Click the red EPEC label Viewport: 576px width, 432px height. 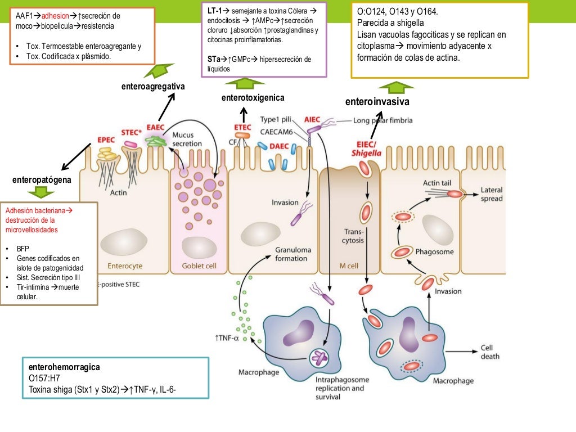(x=106, y=139)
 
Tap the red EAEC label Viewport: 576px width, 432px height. (x=155, y=127)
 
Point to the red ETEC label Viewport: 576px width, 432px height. (x=242, y=127)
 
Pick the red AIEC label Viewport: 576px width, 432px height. (x=312, y=119)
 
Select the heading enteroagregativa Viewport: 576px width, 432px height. (x=153, y=86)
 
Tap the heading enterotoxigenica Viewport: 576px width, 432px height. (x=253, y=98)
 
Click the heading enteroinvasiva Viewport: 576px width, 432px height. (x=377, y=102)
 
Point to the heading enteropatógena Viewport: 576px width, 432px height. (x=42, y=180)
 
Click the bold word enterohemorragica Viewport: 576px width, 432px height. (x=64, y=367)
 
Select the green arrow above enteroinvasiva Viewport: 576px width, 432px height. (x=397, y=86)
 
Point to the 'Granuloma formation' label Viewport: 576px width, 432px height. (x=291, y=254)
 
